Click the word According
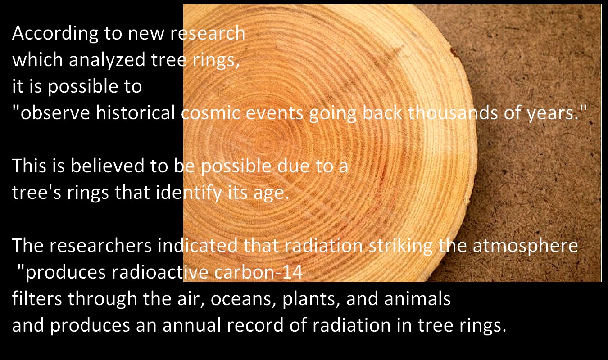pyautogui.click(x=55, y=34)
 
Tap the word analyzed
pyautogui.click(x=107, y=60)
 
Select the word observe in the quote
pyautogui.click(x=55, y=112)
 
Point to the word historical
pyautogui.click(x=136, y=112)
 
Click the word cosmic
pyautogui.click(x=211, y=113)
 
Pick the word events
pyautogui.click(x=274, y=113)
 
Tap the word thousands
pyautogui.click(x=453, y=112)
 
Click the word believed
pyautogui.click(x=108, y=166)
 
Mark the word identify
pyautogui.click(x=189, y=193)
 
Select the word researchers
pyautogui.click(x=100, y=245)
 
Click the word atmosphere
pyautogui.click(x=526, y=246)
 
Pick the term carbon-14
pyautogui.click(x=259, y=272)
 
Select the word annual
pyautogui.click(x=192, y=325)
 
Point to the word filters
pyautogui.click(x=37, y=298)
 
